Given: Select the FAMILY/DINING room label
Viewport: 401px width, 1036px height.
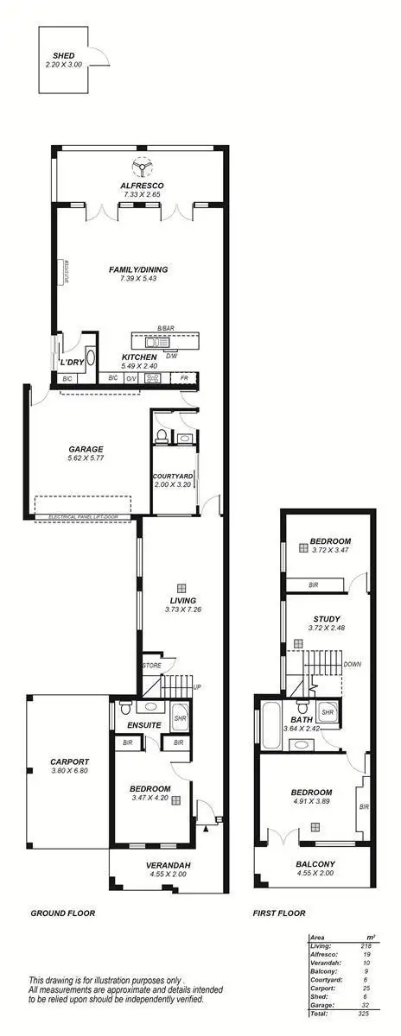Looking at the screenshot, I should pyautogui.click(x=138, y=269).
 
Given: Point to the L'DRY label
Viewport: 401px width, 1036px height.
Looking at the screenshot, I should pyautogui.click(x=70, y=362).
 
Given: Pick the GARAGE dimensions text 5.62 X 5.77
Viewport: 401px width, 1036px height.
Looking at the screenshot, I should pyautogui.click(x=86, y=458).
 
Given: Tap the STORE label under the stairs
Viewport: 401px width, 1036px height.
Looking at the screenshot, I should pyautogui.click(x=151, y=666).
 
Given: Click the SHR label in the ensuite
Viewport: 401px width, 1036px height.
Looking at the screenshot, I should pyautogui.click(x=181, y=717).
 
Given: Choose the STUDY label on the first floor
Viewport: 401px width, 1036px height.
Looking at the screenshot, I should pyautogui.click(x=326, y=618).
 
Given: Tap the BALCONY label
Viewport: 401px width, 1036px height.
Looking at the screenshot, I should pyautogui.click(x=315, y=864).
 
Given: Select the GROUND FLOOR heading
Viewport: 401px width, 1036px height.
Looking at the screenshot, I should pyautogui.click(x=62, y=913).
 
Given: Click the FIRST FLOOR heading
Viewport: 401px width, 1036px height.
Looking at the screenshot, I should pyautogui.click(x=279, y=913).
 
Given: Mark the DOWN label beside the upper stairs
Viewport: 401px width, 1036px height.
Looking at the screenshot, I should pyautogui.click(x=353, y=665).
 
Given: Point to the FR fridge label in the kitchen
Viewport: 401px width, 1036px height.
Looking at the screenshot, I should pyautogui.click(x=184, y=377).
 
